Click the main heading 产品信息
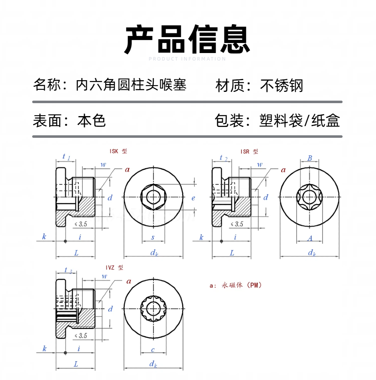pyautogui.click(x=188, y=39)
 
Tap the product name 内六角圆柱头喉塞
pyautogui.click(x=131, y=85)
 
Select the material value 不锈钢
pyautogui.click(x=282, y=86)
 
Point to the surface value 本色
pyautogui.click(x=91, y=121)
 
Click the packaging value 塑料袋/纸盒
pyautogui.click(x=300, y=121)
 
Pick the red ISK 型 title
pyautogui.click(x=118, y=151)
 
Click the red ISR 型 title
pyautogui.click(x=249, y=151)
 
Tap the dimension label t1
pyautogui.click(x=66, y=157)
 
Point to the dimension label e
pyautogui.click(x=193, y=198)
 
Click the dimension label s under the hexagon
pyautogui.click(x=153, y=237)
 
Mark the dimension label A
pyautogui.click(x=310, y=238)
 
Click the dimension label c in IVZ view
pyautogui.click(x=153, y=350)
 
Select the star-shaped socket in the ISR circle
pyautogui.click(x=310, y=197)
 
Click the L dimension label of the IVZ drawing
pyautogui.click(x=76, y=364)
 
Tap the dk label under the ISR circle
pyautogui.click(x=311, y=253)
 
